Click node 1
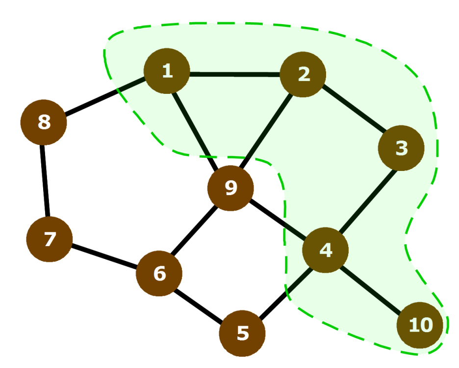tap(167, 71)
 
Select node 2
tap(303, 75)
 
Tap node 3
tap(401, 148)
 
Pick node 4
tap(326, 250)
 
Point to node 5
tap(242, 334)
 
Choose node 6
tap(159, 274)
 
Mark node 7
tap(50, 239)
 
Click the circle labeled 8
tap(44, 122)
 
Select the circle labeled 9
tap(230, 188)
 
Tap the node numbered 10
tap(421, 325)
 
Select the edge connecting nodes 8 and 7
tap(46, 181)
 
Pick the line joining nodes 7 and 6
tap(104, 256)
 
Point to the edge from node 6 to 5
tap(201, 304)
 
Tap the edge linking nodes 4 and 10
tap(373, 287)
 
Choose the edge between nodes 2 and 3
tap(352, 111)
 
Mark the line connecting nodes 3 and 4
tap(363, 199)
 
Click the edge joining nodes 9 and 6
tap(195, 231)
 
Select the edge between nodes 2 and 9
tap(267, 131)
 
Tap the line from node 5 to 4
tap(284, 292)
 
